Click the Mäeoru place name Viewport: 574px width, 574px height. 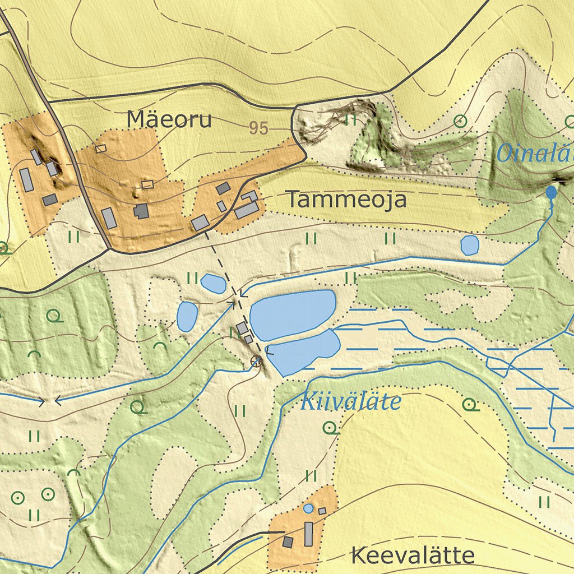click(x=169, y=119)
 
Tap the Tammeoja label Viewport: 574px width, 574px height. click(x=346, y=200)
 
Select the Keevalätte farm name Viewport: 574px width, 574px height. click(x=413, y=556)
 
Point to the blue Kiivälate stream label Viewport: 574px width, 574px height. click(x=351, y=402)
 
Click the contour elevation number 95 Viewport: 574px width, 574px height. click(x=258, y=128)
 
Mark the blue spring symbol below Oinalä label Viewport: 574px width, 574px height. click(x=552, y=192)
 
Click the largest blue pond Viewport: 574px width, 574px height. click(x=292, y=314)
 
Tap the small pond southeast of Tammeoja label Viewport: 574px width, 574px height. click(x=469, y=245)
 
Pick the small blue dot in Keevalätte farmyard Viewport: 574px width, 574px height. click(x=308, y=508)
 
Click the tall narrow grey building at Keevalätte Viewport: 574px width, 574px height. click(x=308, y=534)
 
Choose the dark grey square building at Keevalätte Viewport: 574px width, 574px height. click(x=288, y=542)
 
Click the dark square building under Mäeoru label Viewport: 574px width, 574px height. click(x=141, y=211)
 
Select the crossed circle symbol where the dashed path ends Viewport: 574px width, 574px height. click(x=256, y=362)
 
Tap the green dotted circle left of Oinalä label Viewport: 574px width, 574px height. click(x=460, y=121)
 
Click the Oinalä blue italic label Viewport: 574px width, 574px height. click(x=535, y=152)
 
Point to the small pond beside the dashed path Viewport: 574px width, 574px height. click(x=213, y=284)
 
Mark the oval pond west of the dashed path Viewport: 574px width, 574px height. click(x=187, y=316)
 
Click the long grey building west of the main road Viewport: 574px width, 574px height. click(x=26, y=179)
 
